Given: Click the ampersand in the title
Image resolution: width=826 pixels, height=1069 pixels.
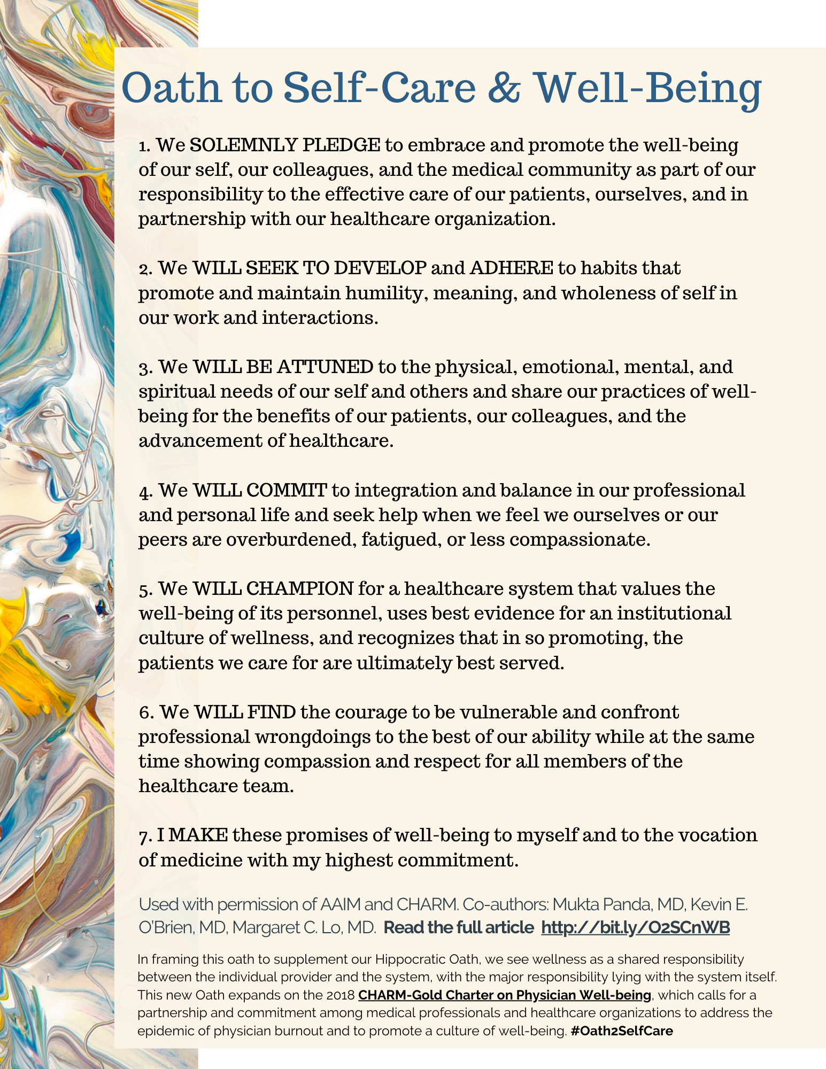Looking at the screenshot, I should tap(503, 88).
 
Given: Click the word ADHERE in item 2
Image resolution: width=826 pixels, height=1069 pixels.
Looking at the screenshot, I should tap(511, 268).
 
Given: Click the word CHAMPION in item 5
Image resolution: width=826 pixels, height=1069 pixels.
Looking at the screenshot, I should tap(299, 588).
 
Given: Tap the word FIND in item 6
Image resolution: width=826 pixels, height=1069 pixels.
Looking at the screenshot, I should tap(272, 712).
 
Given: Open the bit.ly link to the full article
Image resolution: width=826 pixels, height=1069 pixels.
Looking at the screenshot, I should tap(635, 927).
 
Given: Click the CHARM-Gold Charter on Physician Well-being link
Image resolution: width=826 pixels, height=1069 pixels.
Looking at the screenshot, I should tap(505, 995).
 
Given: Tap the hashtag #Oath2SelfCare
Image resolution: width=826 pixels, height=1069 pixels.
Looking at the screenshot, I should tap(622, 1031).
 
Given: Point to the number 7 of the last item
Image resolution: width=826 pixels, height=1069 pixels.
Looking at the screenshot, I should tap(143, 836).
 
